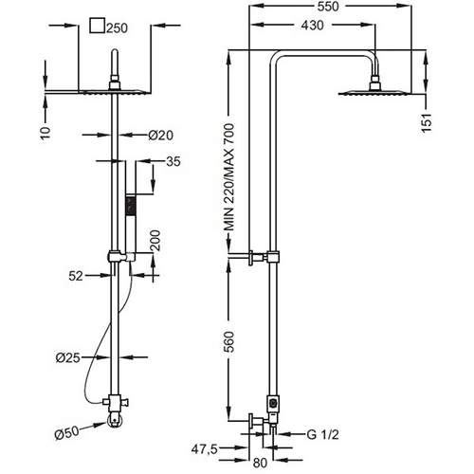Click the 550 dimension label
point(328,7)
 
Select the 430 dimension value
point(312,26)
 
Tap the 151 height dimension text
point(427,122)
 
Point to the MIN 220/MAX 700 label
point(229,177)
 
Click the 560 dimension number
point(229,342)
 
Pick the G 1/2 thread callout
point(322,434)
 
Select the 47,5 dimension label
point(205,449)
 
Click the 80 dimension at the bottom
point(260,463)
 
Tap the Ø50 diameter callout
point(67,432)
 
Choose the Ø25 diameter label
point(68,357)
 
